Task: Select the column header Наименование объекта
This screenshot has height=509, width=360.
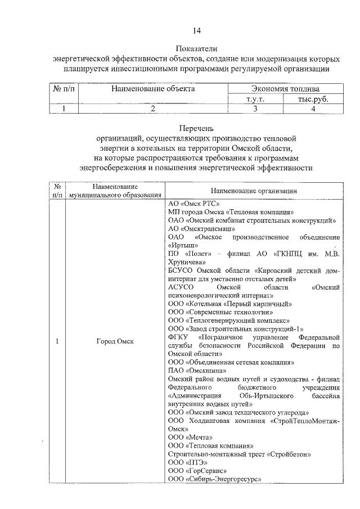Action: pos(152,89)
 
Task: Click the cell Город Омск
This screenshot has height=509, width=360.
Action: pos(116,342)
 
